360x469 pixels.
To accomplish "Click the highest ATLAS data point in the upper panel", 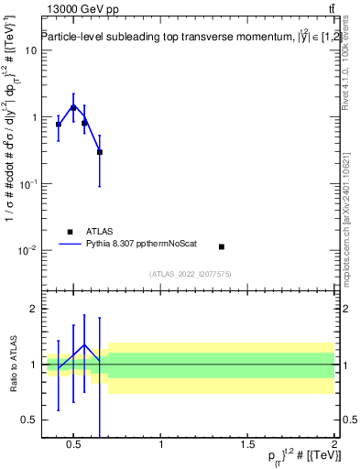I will click(x=73, y=108).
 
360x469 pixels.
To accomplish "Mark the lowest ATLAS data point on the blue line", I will click(x=100, y=152).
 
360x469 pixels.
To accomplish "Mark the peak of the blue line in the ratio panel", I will click(x=84, y=345).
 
